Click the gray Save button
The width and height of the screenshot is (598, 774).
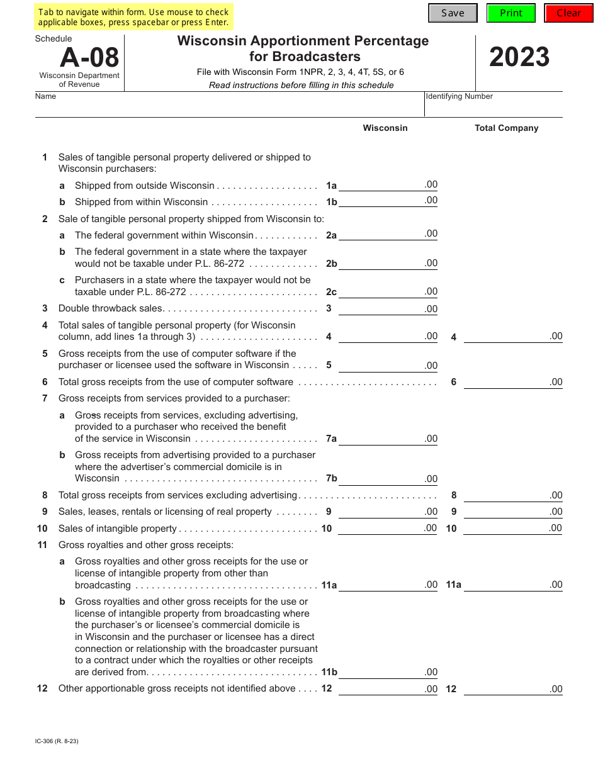453,13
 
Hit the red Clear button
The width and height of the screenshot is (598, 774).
568,13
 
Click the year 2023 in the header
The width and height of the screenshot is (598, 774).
519,58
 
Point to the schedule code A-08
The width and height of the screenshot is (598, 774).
89,58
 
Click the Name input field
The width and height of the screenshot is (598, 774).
230,108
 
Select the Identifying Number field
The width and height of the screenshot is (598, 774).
494,108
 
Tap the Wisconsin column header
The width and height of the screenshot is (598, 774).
385,128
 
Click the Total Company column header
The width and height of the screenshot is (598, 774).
506,128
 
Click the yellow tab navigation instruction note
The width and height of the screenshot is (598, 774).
133,18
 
